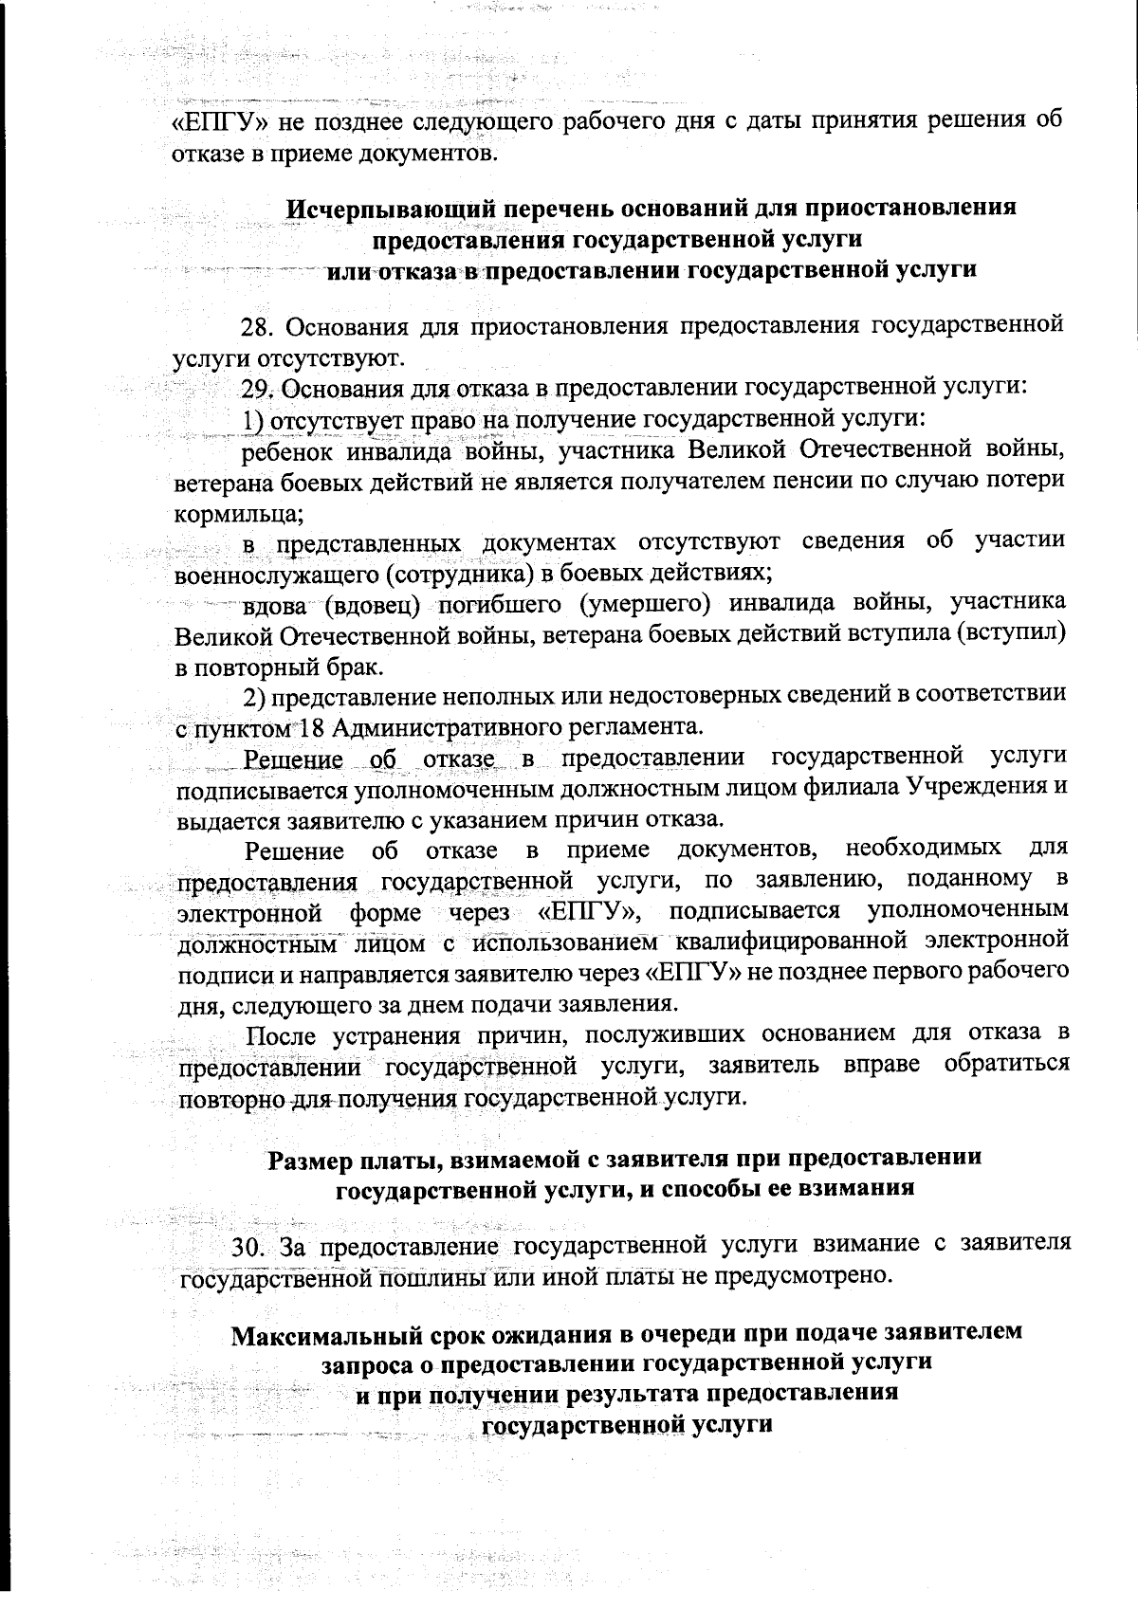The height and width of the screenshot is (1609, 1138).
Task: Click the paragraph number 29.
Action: coord(258,389)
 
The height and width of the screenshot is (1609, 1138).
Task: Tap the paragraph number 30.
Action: coord(250,1244)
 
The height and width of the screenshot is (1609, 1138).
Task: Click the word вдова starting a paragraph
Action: coord(275,604)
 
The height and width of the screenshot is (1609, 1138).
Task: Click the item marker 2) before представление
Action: coord(252,697)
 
